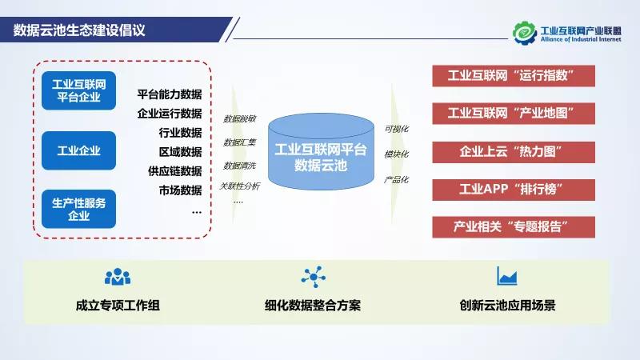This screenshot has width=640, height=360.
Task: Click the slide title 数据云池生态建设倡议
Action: click(84, 30)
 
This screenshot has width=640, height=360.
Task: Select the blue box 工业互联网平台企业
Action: click(78, 90)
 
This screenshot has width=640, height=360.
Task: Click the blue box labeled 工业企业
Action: click(78, 150)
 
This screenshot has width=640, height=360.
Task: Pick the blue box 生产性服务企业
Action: click(78, 208)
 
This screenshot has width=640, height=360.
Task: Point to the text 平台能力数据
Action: click(169, 94)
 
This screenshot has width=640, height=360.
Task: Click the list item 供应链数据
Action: click(174, 170)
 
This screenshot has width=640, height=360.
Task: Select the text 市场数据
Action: click(180, 190)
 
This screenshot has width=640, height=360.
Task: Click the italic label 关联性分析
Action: click(239, 186)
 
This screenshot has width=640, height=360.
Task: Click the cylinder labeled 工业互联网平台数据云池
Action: click(320, 157)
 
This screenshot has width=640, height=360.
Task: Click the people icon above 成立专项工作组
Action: click(117, 277)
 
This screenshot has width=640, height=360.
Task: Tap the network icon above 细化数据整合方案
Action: click(313, 277)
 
